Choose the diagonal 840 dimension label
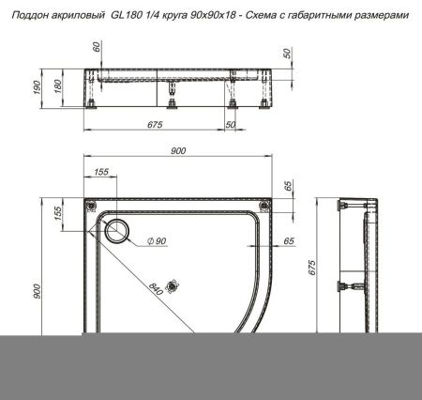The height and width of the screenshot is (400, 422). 155,288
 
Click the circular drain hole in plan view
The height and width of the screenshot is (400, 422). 119,231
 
